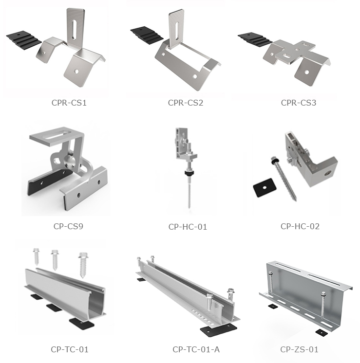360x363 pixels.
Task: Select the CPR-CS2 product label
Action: pos(186,103)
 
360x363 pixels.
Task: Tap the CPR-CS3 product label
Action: pos(299,103)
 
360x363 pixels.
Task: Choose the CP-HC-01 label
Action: pos(188,226)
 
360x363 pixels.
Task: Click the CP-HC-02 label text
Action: pos(300,226)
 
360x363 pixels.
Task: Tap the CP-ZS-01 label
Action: pos(299,349)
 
